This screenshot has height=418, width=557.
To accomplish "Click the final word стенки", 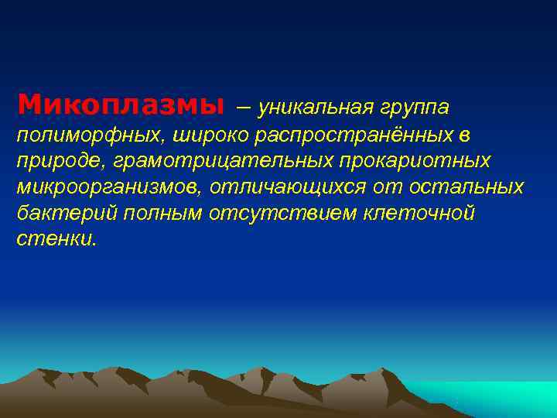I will pos(56,239).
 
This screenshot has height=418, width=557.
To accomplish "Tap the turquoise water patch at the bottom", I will pos(495,395).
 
